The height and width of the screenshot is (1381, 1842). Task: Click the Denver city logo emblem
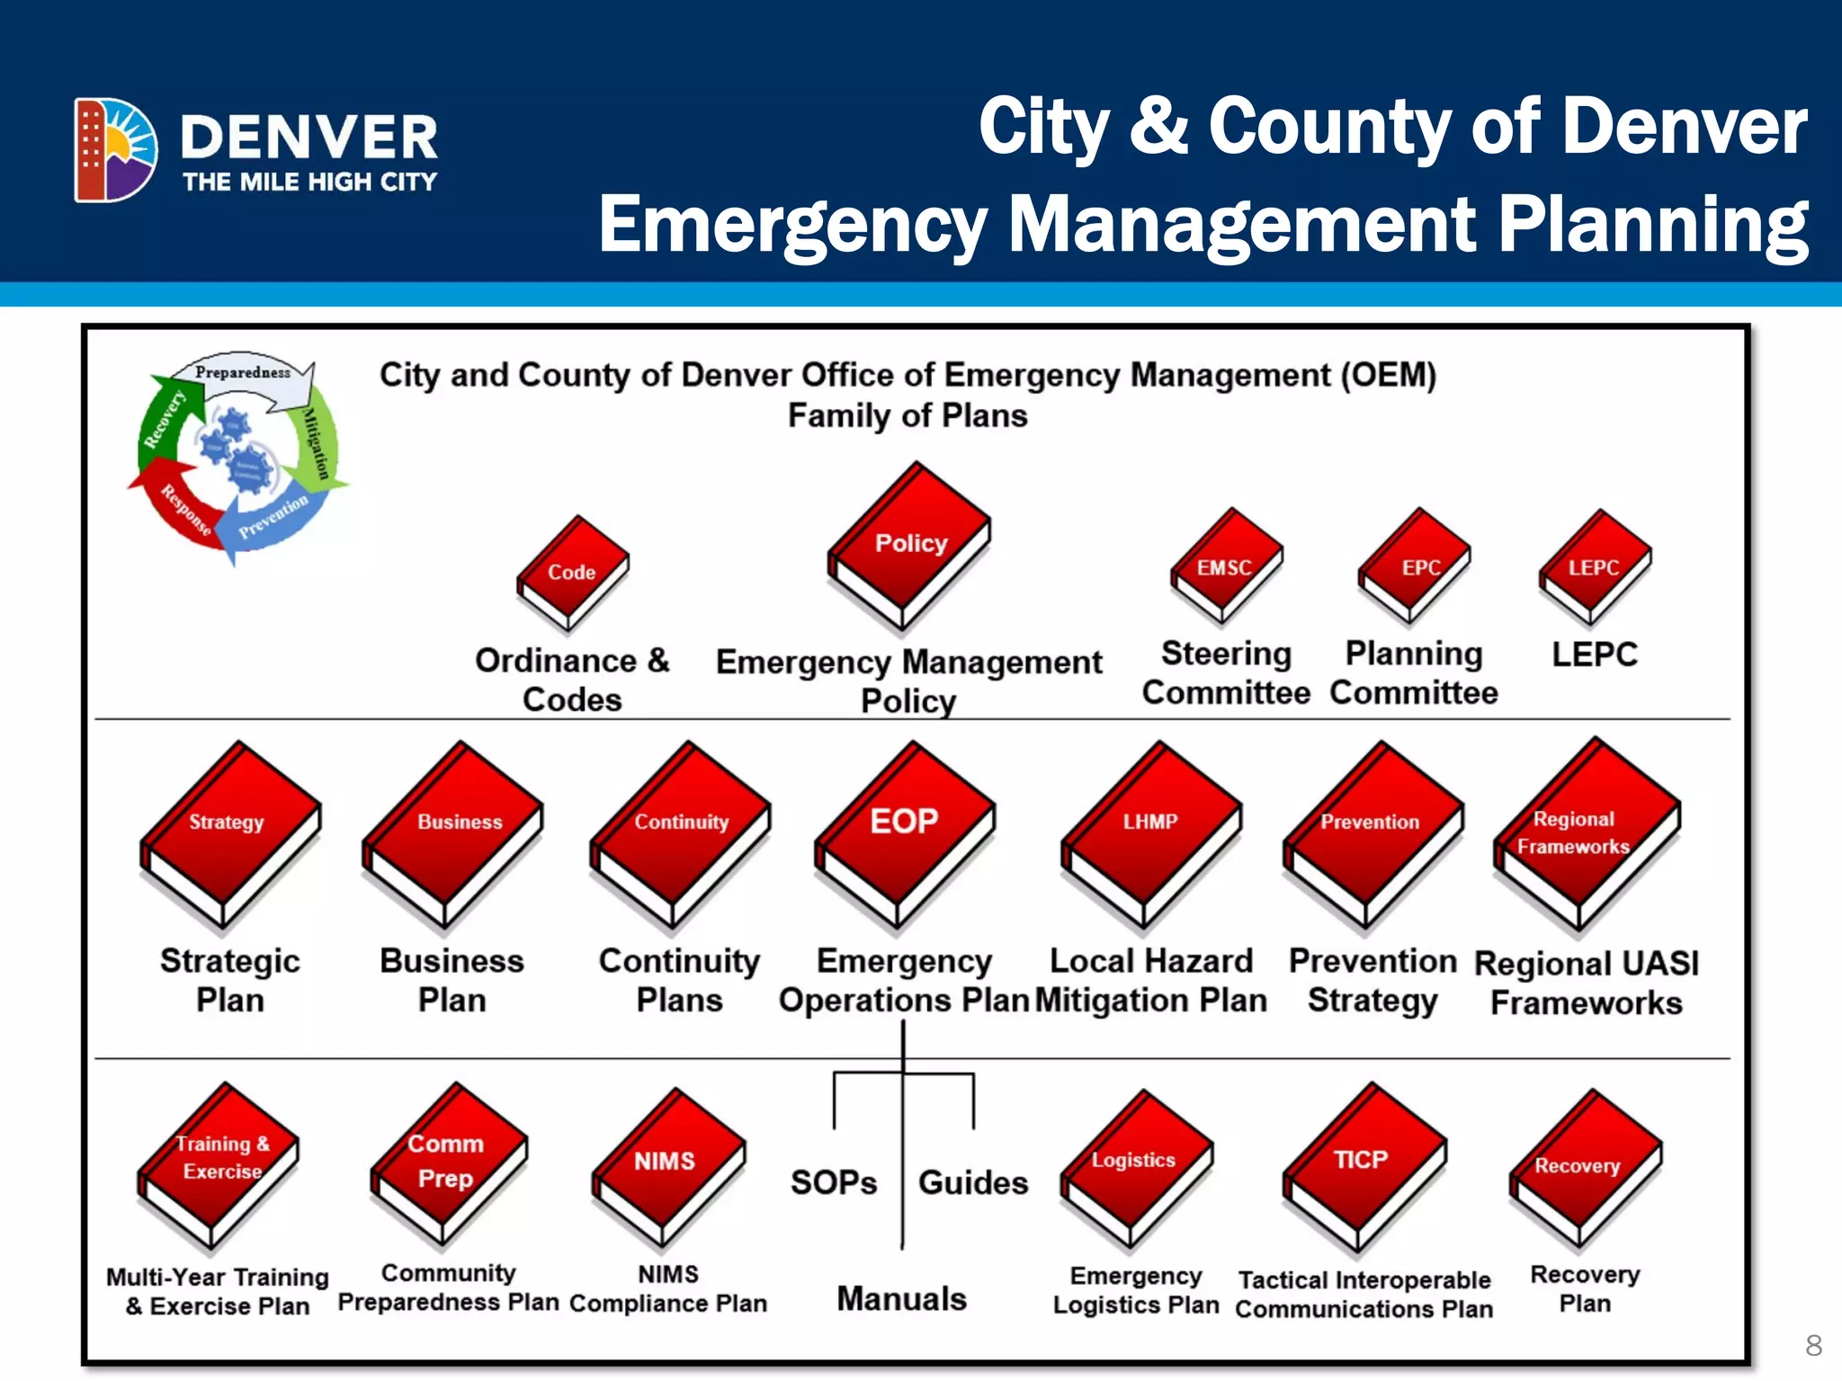tap(115, 149)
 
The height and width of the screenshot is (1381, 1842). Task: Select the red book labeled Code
tap(572, 573)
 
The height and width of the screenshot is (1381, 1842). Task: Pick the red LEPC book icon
tap(1595, 567)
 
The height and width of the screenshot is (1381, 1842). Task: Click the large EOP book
tap(905, 832)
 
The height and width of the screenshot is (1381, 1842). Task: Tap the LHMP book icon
tap(1151, 832)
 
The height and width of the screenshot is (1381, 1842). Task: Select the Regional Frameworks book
tap(1586, 832)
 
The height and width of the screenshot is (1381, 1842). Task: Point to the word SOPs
tap(834, 1182)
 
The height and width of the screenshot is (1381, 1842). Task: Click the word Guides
tap(973, 1182)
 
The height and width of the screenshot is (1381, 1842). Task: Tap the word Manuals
tap(902, 1299)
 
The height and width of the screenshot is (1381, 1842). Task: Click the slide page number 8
tap(1813, 1345)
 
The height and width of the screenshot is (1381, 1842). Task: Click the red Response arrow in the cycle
tap(180, 503)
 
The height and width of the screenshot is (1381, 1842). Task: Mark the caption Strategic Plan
tap(230, 981)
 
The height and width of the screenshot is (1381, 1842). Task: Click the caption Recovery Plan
tap(1585, 1288)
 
